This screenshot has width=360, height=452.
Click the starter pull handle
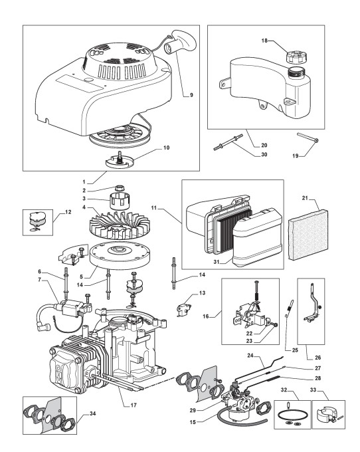click(x=181, y=42)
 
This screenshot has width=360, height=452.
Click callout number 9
click(x=191, y=95)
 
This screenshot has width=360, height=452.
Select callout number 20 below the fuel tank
click(x=264, y=146)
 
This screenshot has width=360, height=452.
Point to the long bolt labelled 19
click(x=308, y=137)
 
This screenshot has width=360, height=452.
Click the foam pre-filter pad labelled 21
click(x=308, y=235)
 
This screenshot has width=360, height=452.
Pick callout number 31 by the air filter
click(x=217, y=262)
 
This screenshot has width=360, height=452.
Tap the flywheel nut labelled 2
click(x=120, y=189)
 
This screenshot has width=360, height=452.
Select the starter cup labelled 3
click(x=120, y=200)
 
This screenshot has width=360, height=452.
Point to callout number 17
click(x=134, y=405)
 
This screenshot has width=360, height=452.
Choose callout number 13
click(x=202, y=293)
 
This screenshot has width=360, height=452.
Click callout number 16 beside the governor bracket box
click(x=206, y=316)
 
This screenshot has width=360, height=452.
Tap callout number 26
click(x=317, y=358)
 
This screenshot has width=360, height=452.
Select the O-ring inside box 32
click(x=292, y=415)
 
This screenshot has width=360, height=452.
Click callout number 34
click(x=92, y=413)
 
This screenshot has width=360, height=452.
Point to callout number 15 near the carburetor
click(x=193, y=422)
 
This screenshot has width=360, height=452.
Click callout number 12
click(x=68, y=212)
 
